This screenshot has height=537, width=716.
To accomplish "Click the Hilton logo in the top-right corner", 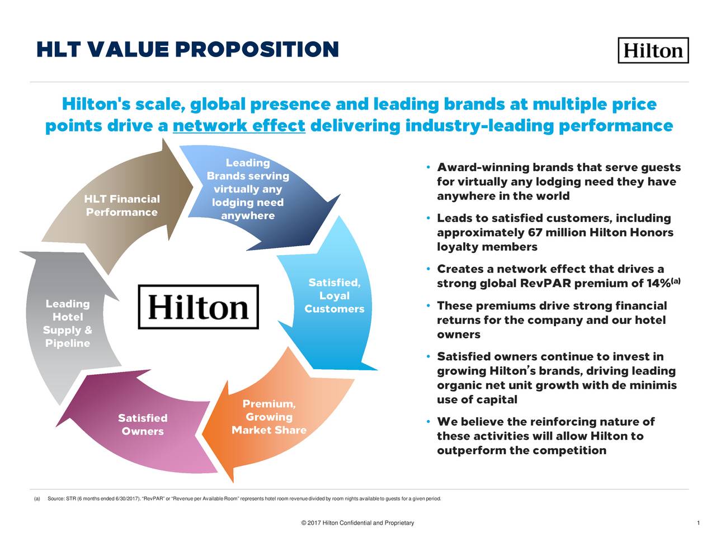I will point(653,50).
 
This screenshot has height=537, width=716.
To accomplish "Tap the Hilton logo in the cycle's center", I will point(198,307).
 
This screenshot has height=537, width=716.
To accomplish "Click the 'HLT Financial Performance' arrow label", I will point(122,206).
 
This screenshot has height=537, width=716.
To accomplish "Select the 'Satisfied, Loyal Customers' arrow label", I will point(335,296).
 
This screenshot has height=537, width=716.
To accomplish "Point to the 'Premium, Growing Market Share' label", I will point(269,417).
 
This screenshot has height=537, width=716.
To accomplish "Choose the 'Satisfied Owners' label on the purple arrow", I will point(143,425).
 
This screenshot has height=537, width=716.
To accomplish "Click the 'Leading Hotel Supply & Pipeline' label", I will point(68,323).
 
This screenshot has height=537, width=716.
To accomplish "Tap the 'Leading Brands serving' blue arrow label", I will point(248,189).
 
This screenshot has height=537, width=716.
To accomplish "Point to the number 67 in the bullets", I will point(535,233).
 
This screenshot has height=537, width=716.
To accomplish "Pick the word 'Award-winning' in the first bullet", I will point(483,168).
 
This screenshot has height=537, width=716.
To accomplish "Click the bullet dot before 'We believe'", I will point(427,422).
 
